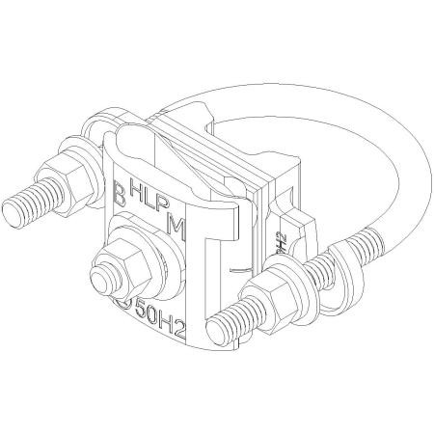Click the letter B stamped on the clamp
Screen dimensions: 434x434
[119, 187]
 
